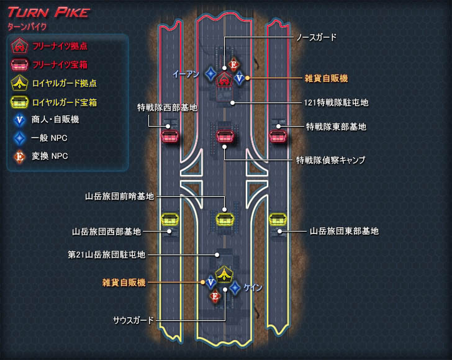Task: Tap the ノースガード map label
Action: (x=315, y=37)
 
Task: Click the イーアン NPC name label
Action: (x=186, y=74)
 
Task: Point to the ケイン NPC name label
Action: (x=253, y=287)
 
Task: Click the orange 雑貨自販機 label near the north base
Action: (x=326, y=78)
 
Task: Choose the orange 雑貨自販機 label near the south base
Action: (x=124, y=282)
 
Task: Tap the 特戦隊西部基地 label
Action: (x=167, y=107)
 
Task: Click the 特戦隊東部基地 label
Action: (x=336, y=127)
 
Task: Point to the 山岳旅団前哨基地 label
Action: (x=120, y=196)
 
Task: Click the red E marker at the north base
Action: (x=233, y=65)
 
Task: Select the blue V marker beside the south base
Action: (x=210, y=283)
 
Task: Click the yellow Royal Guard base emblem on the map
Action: (x=224, y=273)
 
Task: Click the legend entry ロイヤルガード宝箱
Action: (x=65, y=102)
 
